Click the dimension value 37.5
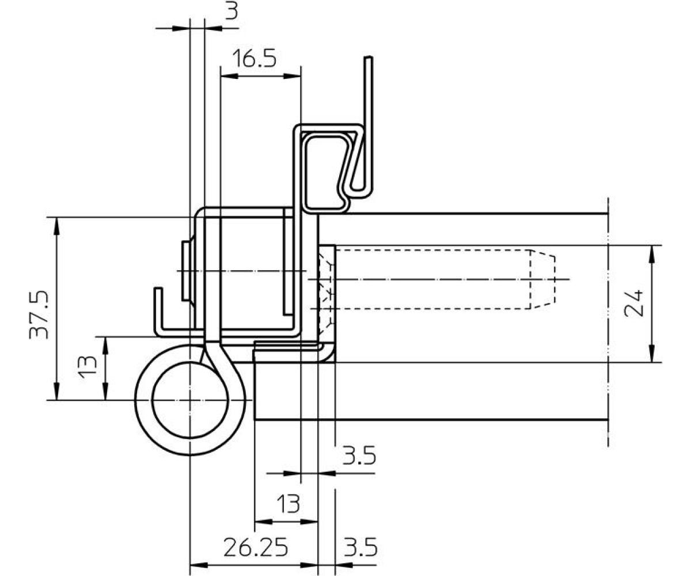39,315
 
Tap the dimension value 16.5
254,58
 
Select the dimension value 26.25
256,548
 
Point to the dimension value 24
634,303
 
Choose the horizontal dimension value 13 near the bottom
288,504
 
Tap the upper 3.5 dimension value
359,456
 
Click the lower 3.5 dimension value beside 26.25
360,548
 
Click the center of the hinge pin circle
190,400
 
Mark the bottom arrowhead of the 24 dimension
652,354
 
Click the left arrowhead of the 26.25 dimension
199,565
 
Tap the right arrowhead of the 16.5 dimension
293,76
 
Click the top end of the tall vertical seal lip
369,57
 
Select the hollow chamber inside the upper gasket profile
326,172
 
